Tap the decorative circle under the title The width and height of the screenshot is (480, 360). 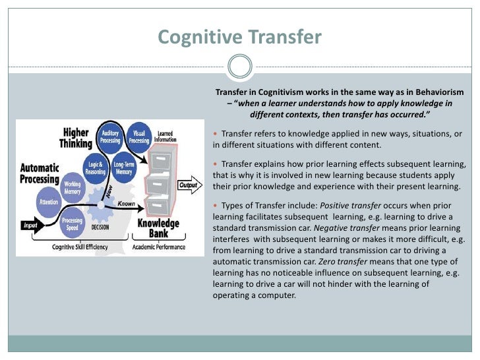(x=239, y=67)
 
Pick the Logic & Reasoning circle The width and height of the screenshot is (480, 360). (x=96, y=167)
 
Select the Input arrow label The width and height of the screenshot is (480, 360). (x=32, y=225)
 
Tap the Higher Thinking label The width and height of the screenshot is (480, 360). (x=76, y=138)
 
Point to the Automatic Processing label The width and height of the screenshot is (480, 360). (x=40, y=173)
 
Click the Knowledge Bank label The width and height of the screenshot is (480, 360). (x=158, y=228)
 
